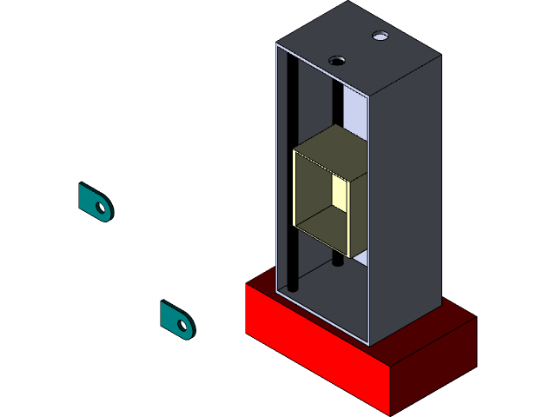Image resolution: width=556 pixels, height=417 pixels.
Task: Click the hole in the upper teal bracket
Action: [x=103, y=208]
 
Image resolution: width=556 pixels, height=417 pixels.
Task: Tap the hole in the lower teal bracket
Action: [x=182, y=326]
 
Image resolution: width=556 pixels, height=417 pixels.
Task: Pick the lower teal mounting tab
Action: [x=170, y=316]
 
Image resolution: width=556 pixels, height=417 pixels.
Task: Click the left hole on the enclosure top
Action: [x=337, y=61]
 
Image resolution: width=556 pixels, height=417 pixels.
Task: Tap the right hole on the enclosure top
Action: [x=380, y=36]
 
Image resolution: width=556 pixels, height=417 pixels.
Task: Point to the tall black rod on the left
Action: [x=293, y=174]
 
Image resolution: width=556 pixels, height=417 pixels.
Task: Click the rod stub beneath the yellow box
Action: [x=337, y=260]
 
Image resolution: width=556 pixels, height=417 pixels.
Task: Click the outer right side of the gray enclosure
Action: [x=404, y=191]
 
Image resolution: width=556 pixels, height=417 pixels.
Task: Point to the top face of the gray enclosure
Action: [x=356, y=48]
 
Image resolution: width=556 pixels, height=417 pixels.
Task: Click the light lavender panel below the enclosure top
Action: [x=355, y=109]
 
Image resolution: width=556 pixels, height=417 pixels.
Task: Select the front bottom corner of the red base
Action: [x=389, y=413]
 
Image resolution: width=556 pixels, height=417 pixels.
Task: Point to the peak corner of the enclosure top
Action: [x=348, y=3]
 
